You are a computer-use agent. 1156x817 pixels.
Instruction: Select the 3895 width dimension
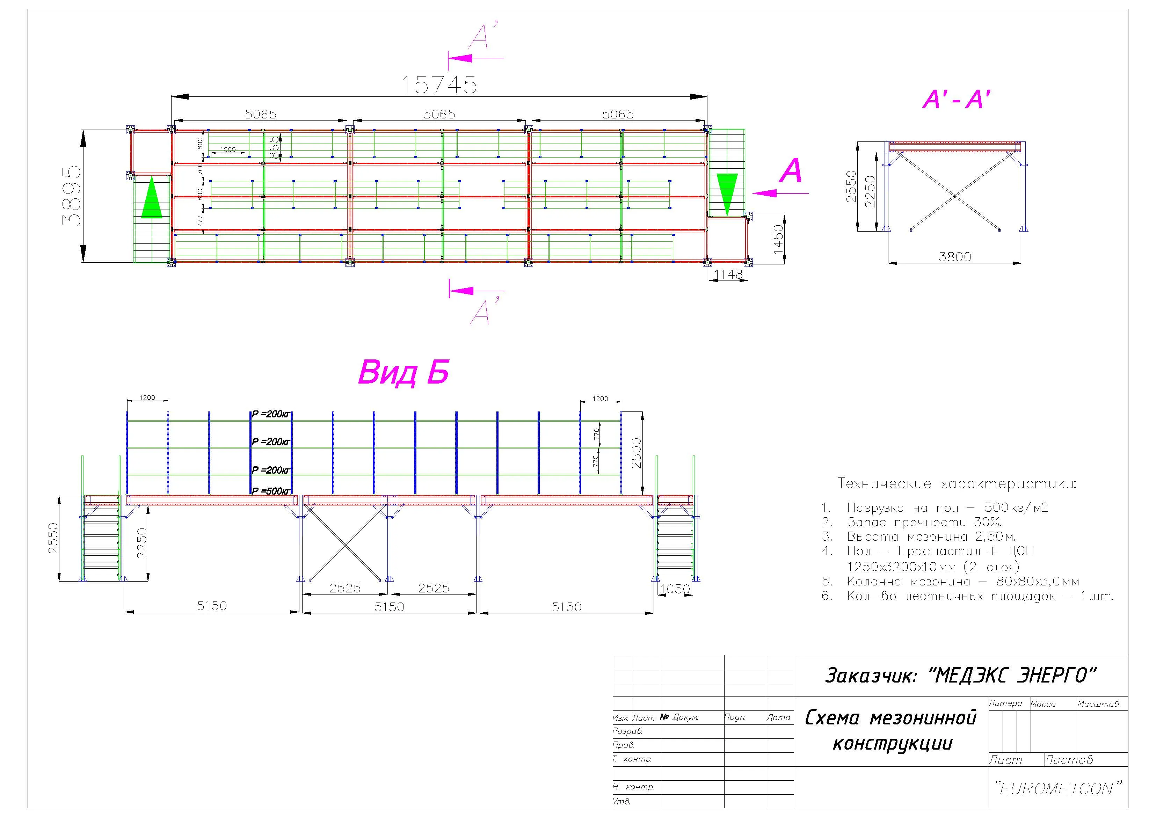click(x=71, y=195)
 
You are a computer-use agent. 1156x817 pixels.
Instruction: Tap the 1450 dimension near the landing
click(x=778, y=239)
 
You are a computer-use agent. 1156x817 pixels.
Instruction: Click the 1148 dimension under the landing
click(x=728, y=274)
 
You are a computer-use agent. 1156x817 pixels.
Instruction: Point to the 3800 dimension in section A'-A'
click(x=955, y=257)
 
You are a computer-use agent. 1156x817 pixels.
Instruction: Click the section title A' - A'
click(x=957, y=100)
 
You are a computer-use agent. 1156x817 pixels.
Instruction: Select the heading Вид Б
click(x=403, y=372)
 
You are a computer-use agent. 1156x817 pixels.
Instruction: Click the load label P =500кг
click(x=271, y=491)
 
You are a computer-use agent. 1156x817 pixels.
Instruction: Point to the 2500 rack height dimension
click(x=637, y=453)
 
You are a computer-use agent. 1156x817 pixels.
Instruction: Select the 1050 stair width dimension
click(x=675, y=589)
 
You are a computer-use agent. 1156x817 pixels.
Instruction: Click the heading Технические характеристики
click(x=957, y=484)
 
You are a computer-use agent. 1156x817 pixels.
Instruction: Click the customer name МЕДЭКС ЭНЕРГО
click(x=1016, y=676)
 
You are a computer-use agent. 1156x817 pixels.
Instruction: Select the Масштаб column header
click(x=1098, y=704)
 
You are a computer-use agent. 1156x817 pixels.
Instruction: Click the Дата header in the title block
click(x=778, y=717)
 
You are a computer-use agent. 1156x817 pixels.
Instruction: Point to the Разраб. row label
click(x=628, y=731)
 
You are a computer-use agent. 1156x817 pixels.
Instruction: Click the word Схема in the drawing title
click(x=833, y=718)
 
